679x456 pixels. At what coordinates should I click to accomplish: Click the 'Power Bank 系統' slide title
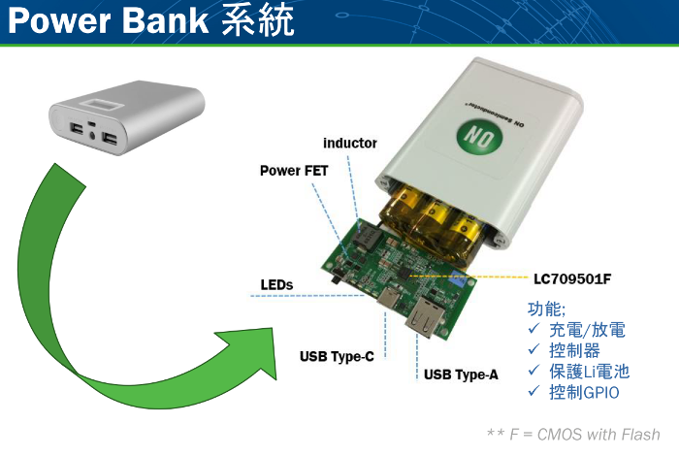coord(149,20)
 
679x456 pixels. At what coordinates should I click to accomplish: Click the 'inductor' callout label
coord(349,143)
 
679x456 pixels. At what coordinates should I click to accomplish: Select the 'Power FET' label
coord(294,170)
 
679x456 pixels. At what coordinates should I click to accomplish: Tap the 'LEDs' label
coord(276,284)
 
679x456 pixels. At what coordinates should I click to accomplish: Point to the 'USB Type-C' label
coord(337,356)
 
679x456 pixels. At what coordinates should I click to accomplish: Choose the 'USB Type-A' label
coord(461,374)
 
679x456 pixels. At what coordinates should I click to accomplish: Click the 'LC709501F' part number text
coord(572,278)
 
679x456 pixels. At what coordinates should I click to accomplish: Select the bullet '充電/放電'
coord(587,330)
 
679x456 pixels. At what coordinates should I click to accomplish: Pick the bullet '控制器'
coord(574,350)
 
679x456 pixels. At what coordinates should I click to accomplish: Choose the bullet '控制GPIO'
coord(583,393)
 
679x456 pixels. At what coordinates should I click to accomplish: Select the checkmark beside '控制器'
coord(533,350)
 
